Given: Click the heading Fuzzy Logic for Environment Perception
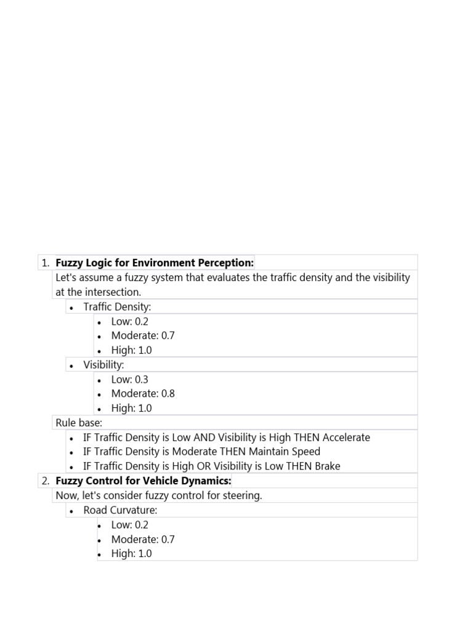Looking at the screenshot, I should click(155, 263).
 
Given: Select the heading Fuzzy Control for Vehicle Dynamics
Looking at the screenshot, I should click(144, 481).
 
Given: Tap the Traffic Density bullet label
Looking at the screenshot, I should click(117, 306).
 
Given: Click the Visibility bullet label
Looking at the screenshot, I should click(103, 365).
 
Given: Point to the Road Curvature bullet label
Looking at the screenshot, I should click(120, 510).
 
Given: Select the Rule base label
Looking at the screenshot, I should click(79, 423).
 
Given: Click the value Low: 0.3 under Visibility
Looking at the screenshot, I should click(129, 380).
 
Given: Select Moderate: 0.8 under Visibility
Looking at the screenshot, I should click(143, 394).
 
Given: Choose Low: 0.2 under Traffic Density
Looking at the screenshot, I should click(129, 321).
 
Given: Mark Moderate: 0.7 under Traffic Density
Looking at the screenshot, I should click(143, 336).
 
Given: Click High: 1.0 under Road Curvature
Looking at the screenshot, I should click(131, 554).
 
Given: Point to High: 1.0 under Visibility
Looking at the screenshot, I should click(131, 409).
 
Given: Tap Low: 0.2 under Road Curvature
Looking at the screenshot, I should click(129, 525).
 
